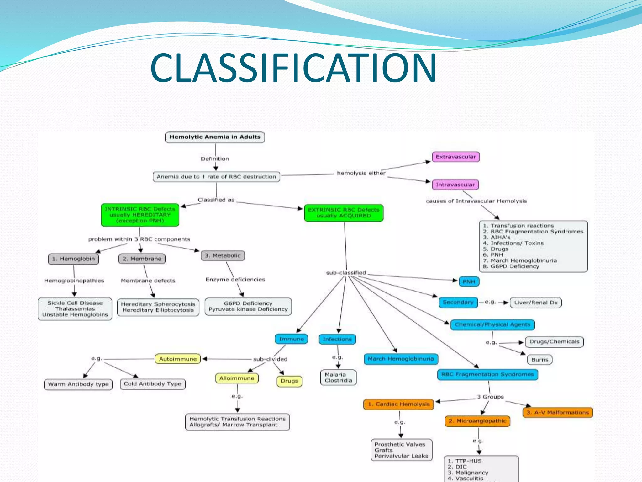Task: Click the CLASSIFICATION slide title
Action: (293, 68)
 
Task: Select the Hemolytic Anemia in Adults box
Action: (215, 137)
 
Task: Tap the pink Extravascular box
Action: (455, 157)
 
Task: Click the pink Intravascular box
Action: (455, 185)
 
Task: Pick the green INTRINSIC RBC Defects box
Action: (140, 215)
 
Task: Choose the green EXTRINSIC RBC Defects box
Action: (344, 213)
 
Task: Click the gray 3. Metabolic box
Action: (223, 255)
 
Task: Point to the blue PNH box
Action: (469, 281)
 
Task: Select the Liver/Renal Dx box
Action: (535, 303)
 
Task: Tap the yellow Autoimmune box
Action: (178, 359)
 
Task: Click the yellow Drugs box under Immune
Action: (289, 381)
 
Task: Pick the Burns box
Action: (539, 360)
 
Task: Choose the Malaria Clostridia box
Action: (338, 378)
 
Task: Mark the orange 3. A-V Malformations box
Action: (557, 412)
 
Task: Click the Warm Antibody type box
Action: (78, 384)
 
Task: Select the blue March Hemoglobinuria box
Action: (401, 359)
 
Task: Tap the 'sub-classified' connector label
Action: (346, 273)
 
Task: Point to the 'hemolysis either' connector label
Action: (361, 173)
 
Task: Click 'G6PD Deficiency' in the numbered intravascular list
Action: (515, 266)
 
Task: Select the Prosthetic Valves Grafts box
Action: (401, 450)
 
